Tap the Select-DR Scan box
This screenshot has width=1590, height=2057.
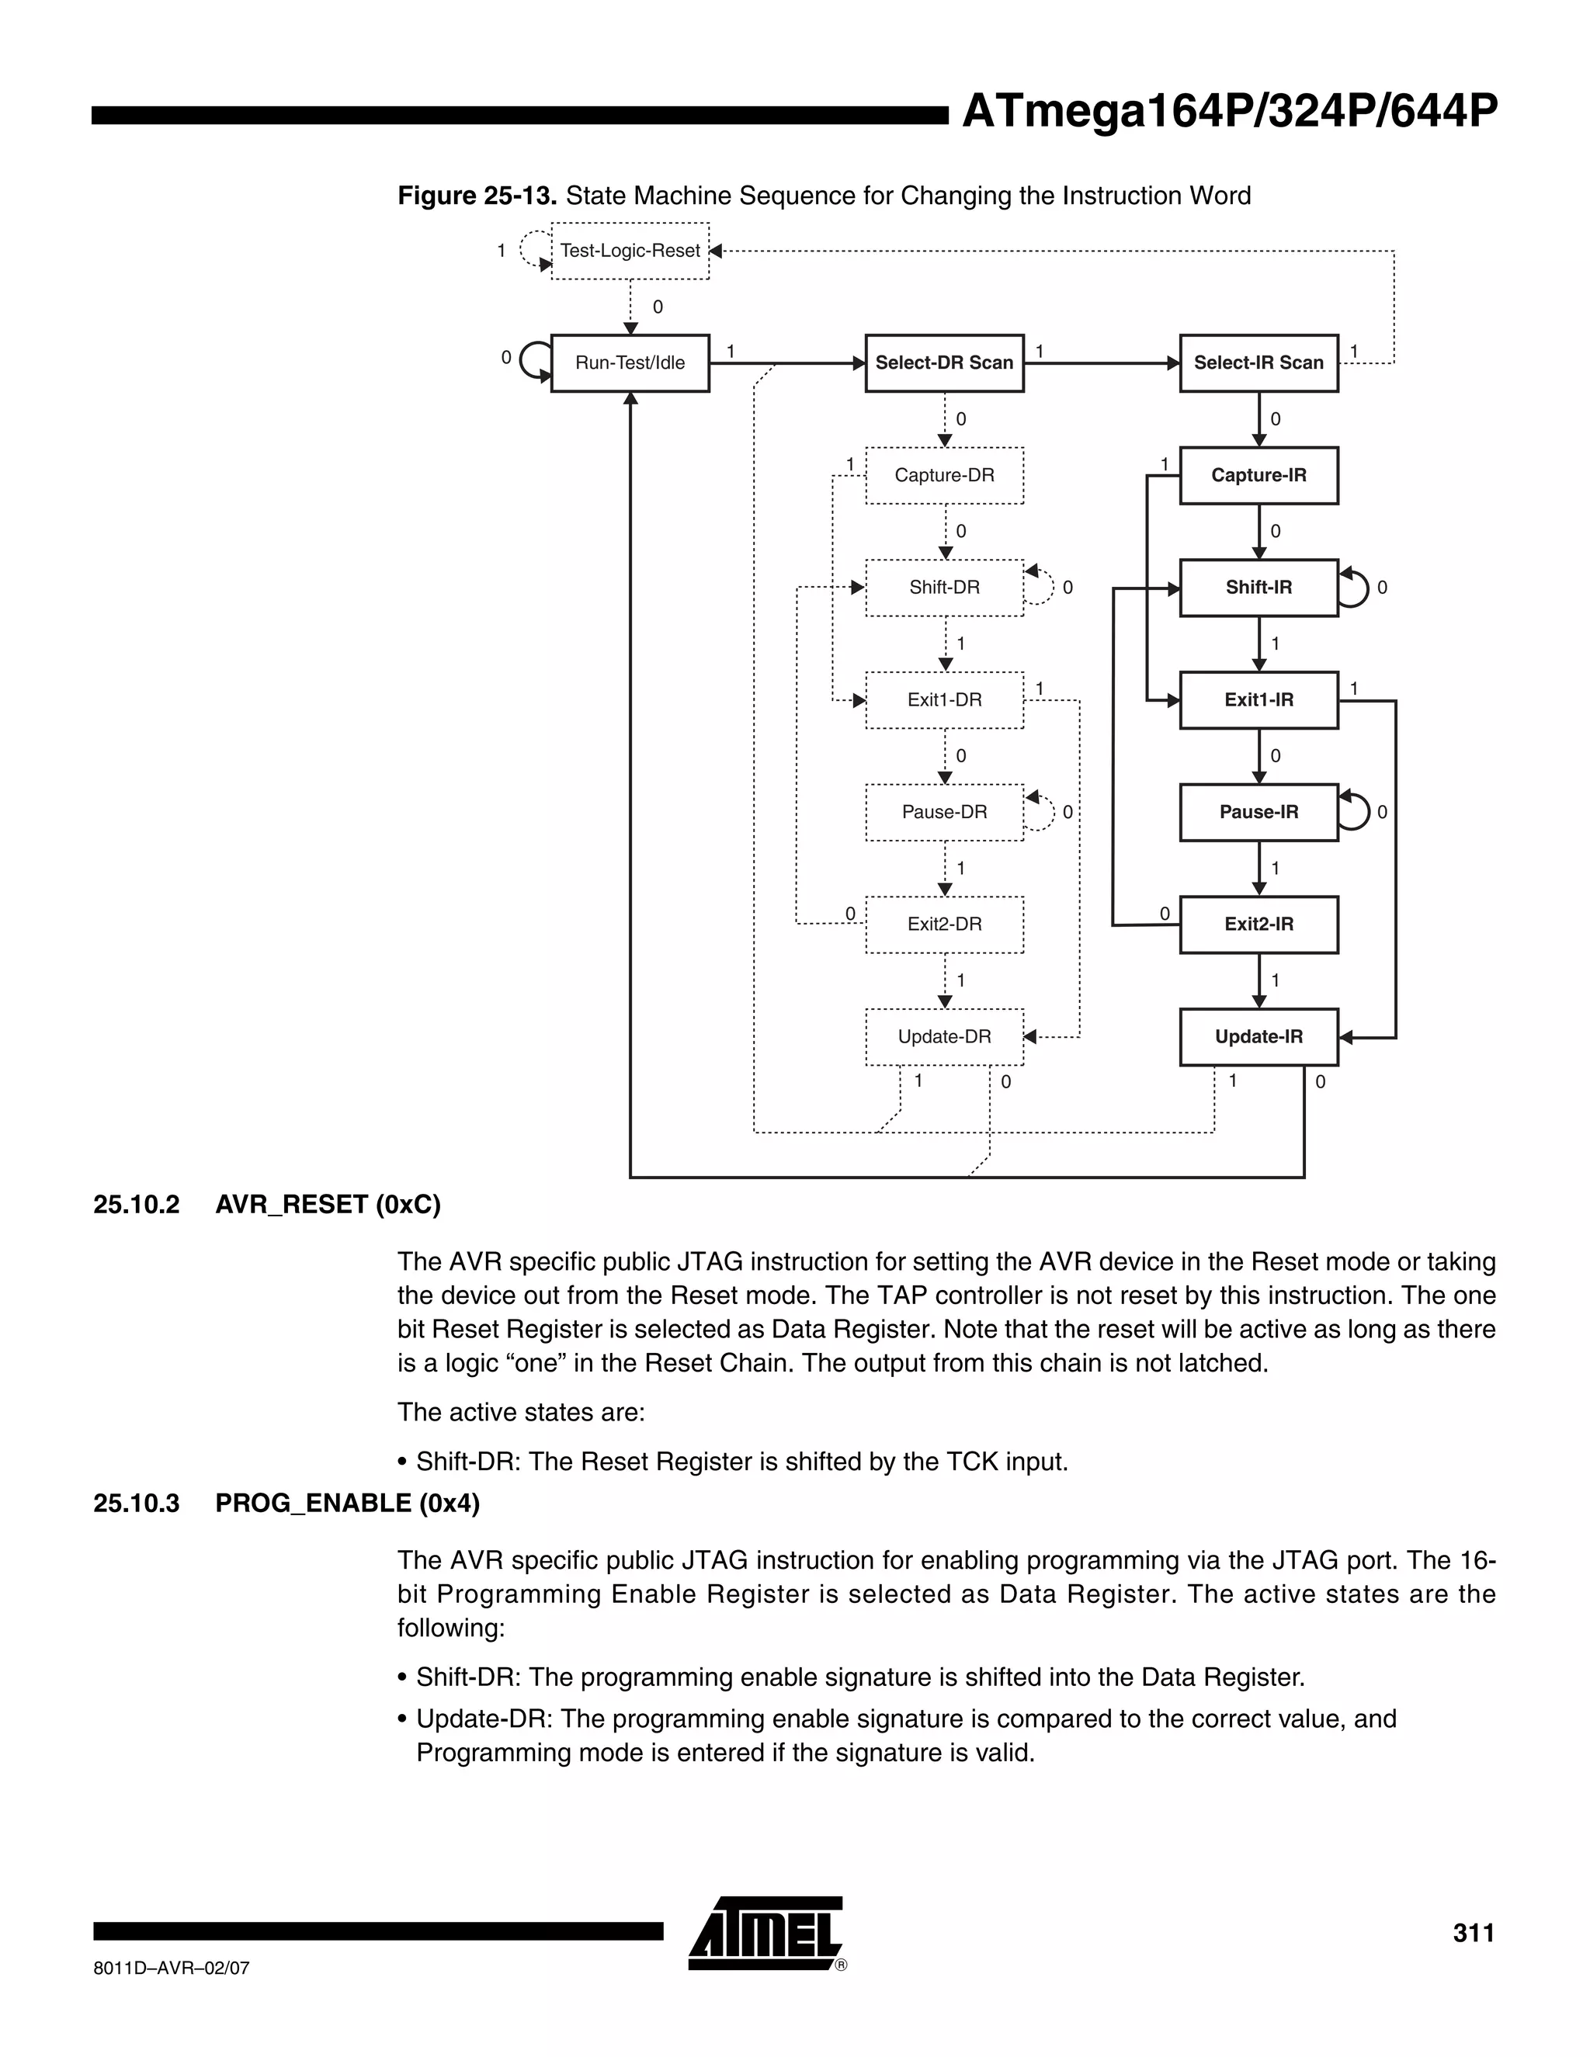pyautogui.click(x=944, y=362)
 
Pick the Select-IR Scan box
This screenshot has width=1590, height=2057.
pyautogui.click(x=1258, y=362)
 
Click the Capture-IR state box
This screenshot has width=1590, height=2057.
pyautogui.click(x=1258, y=475)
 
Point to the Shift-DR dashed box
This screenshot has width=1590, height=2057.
pyautogui.click(x=944, y=588)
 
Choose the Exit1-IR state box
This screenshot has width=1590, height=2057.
pyautogui.click(x=1258, y=700)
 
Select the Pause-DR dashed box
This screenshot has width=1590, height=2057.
pyautogui.click(x=944, y=812)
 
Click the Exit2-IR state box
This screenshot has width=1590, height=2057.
pyautogui.click(x=1258, y=924)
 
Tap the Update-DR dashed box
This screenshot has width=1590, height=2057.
pyautogui.click(x=944, y=1037)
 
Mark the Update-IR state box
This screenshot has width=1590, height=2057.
pyautogui.click(x=1258, y=1037)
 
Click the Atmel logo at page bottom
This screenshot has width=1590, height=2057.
pyautogui.click(x=765, y=1934)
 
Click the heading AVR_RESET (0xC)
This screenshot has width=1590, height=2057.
pyautogui.click(x=328, y=1205)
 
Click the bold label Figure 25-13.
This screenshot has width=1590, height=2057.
pyautogui.click(x=477, y=196)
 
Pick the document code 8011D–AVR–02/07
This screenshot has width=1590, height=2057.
pyautogui.click(x=172, y=1968)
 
